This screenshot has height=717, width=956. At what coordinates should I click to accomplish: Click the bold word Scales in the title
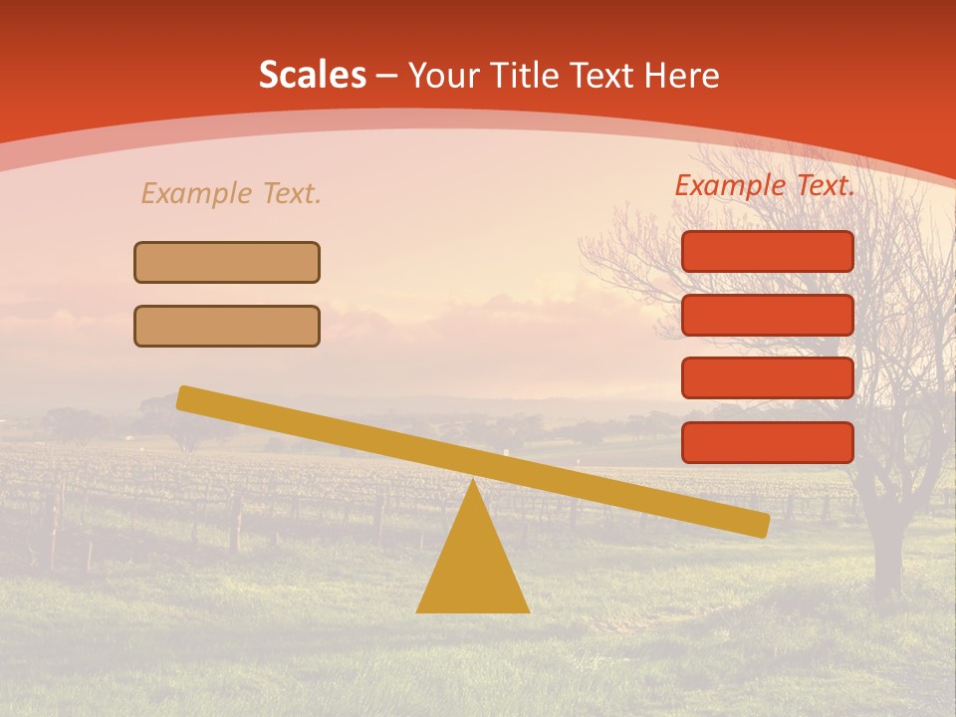[312, 75]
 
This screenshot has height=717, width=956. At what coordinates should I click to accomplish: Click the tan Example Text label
[231, 193]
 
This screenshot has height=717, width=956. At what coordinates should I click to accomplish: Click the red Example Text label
[765, 185]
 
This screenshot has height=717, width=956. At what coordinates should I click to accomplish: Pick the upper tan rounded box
[227, 262]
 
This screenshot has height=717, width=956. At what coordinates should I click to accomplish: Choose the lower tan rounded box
[227, 326]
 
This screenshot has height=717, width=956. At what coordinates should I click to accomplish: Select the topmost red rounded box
[768, 251]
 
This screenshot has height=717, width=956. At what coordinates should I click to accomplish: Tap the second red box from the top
[768, 315]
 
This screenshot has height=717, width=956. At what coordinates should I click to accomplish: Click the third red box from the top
[768, 377]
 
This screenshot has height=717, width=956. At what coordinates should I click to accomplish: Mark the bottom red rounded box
[768, 442]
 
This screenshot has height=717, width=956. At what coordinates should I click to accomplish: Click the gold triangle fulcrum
[472, 563]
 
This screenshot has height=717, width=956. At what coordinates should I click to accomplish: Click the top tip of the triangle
[472, 483]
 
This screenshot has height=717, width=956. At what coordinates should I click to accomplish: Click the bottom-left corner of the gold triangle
[418, 610]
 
